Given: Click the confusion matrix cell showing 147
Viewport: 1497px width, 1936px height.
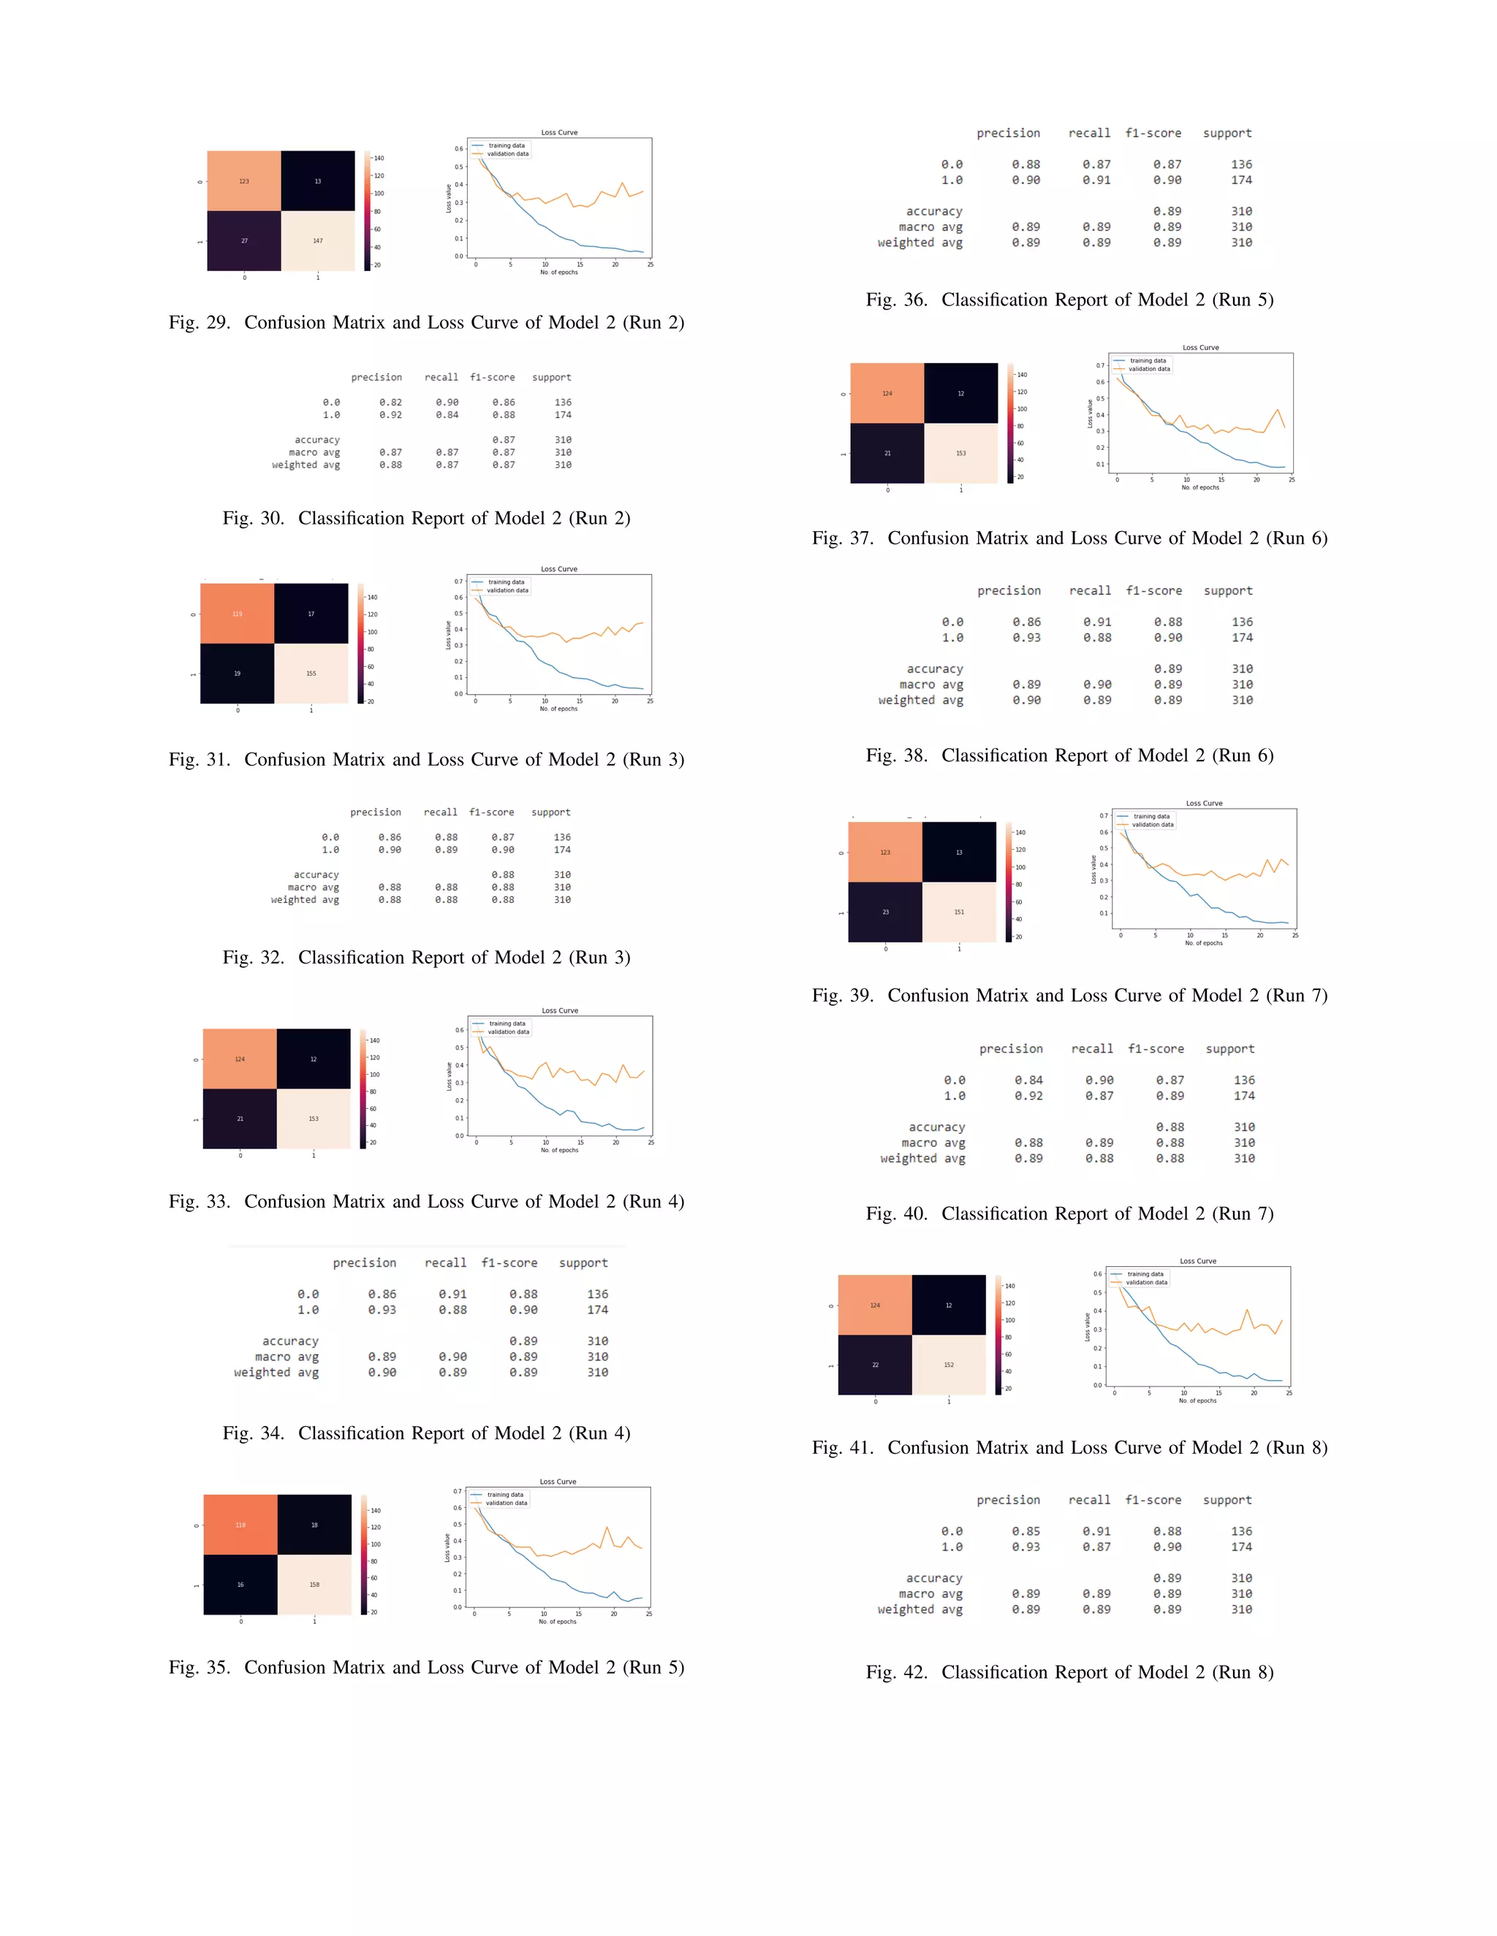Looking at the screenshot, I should pos(317,240).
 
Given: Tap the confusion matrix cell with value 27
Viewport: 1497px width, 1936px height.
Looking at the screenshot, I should pos(244,240).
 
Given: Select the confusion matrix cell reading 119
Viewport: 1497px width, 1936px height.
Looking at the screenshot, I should pos(237,614).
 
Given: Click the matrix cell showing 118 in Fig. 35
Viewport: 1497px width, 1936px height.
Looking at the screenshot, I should pos(240,1525).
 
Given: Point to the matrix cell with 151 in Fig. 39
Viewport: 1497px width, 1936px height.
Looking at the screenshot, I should pos(959,911).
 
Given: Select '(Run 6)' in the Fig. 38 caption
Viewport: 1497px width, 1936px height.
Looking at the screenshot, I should pos(1243,756).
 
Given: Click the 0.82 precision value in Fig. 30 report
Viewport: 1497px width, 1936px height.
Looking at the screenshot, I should pos(390,403).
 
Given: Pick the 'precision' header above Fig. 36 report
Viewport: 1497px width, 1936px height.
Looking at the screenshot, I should pos(1008,133).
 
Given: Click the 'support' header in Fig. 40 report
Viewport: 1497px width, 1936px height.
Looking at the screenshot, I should pos(1230,1048).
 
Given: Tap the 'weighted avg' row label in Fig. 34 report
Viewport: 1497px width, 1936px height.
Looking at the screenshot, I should pos(276,1372).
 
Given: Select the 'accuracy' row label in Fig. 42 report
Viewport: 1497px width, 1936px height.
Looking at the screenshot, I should pos(934,1578).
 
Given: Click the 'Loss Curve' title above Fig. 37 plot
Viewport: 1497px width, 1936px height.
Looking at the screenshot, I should pos(1200,348).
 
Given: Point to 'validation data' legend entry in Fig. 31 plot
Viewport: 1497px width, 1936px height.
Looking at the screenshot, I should pos(507,590).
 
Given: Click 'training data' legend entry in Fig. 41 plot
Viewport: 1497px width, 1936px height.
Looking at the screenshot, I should pos(1145,1274).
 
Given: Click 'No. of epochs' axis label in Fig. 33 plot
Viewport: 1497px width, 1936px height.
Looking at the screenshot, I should pos(560,1150).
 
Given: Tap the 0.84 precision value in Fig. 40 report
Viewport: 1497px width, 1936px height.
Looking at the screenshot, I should pos(1028,1080).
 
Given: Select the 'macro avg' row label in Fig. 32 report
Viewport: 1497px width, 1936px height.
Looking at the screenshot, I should pos(313,888).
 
